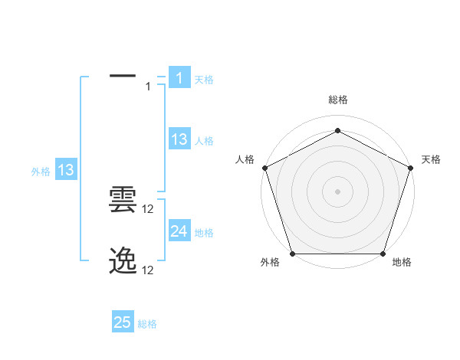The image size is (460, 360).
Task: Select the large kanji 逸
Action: coord(123,261)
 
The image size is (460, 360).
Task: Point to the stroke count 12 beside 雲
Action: coord(149,209)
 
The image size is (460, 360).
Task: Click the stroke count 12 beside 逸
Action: coord(149,270)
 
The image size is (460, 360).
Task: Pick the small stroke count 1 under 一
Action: coord(149,87)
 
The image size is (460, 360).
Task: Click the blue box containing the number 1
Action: coord(179,78)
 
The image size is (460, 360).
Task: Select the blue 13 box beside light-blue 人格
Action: coord(179,139)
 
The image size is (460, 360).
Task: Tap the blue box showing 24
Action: coord(179,231)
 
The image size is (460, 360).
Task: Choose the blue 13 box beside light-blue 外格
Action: coord(66,171)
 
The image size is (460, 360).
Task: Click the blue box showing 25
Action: coord(123,322)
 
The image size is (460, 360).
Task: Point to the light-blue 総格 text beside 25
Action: coord(147,324)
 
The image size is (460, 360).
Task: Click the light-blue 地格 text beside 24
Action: coord(204,233)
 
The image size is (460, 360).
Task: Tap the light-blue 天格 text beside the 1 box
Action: coord(204,80)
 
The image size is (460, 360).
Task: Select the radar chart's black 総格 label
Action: coord(338,100)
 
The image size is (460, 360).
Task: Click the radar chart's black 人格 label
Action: coord(245,159)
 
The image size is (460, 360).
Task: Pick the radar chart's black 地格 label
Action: coord(402,263)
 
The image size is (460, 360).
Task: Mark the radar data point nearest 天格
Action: coord(411,167)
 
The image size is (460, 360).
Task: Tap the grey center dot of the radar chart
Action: coord(338,191)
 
